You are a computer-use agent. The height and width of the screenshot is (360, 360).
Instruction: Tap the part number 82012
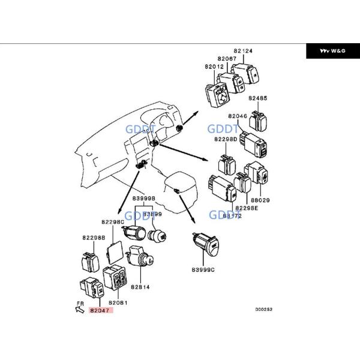click(214, 66)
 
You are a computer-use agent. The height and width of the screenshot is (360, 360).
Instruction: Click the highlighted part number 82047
click(101, 310)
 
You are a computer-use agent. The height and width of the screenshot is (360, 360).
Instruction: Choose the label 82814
click(139, 287)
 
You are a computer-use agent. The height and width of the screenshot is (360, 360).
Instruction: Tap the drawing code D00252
click(263, 310)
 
